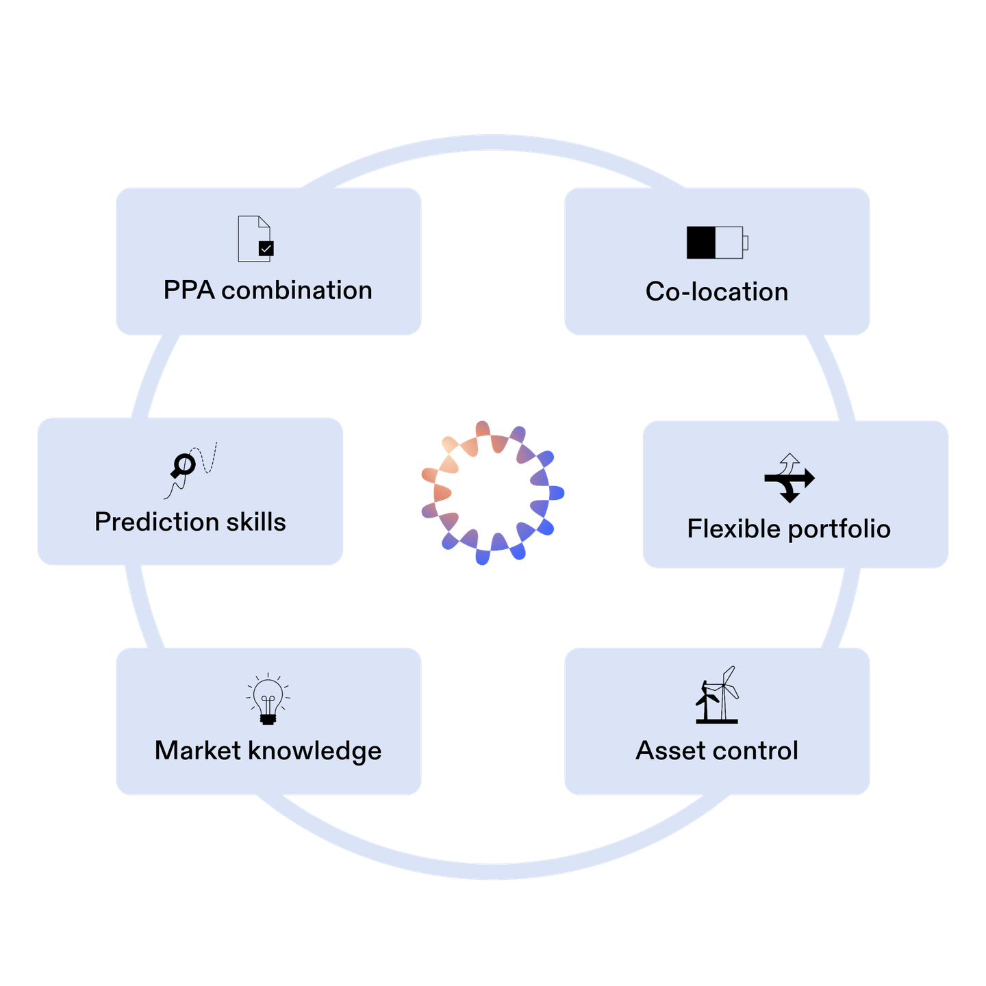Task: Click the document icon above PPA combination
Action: (255, 239)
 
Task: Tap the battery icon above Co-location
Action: (717, 242)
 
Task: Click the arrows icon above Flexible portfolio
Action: (789, 477)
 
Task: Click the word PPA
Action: (188, 290)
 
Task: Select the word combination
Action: (296, 290)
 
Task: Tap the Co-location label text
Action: (717, 292)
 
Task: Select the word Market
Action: (198, 750)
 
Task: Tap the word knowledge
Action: (315, 751)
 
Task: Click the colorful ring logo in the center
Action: (492, 492)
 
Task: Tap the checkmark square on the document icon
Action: (266, 249)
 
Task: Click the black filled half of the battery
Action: (701, 242)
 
